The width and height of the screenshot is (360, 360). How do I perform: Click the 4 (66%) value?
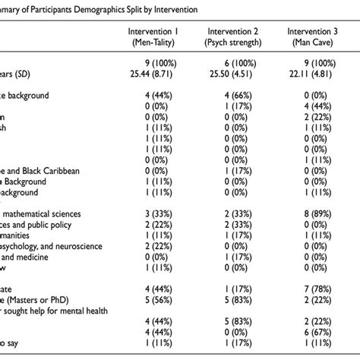(232, 96)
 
